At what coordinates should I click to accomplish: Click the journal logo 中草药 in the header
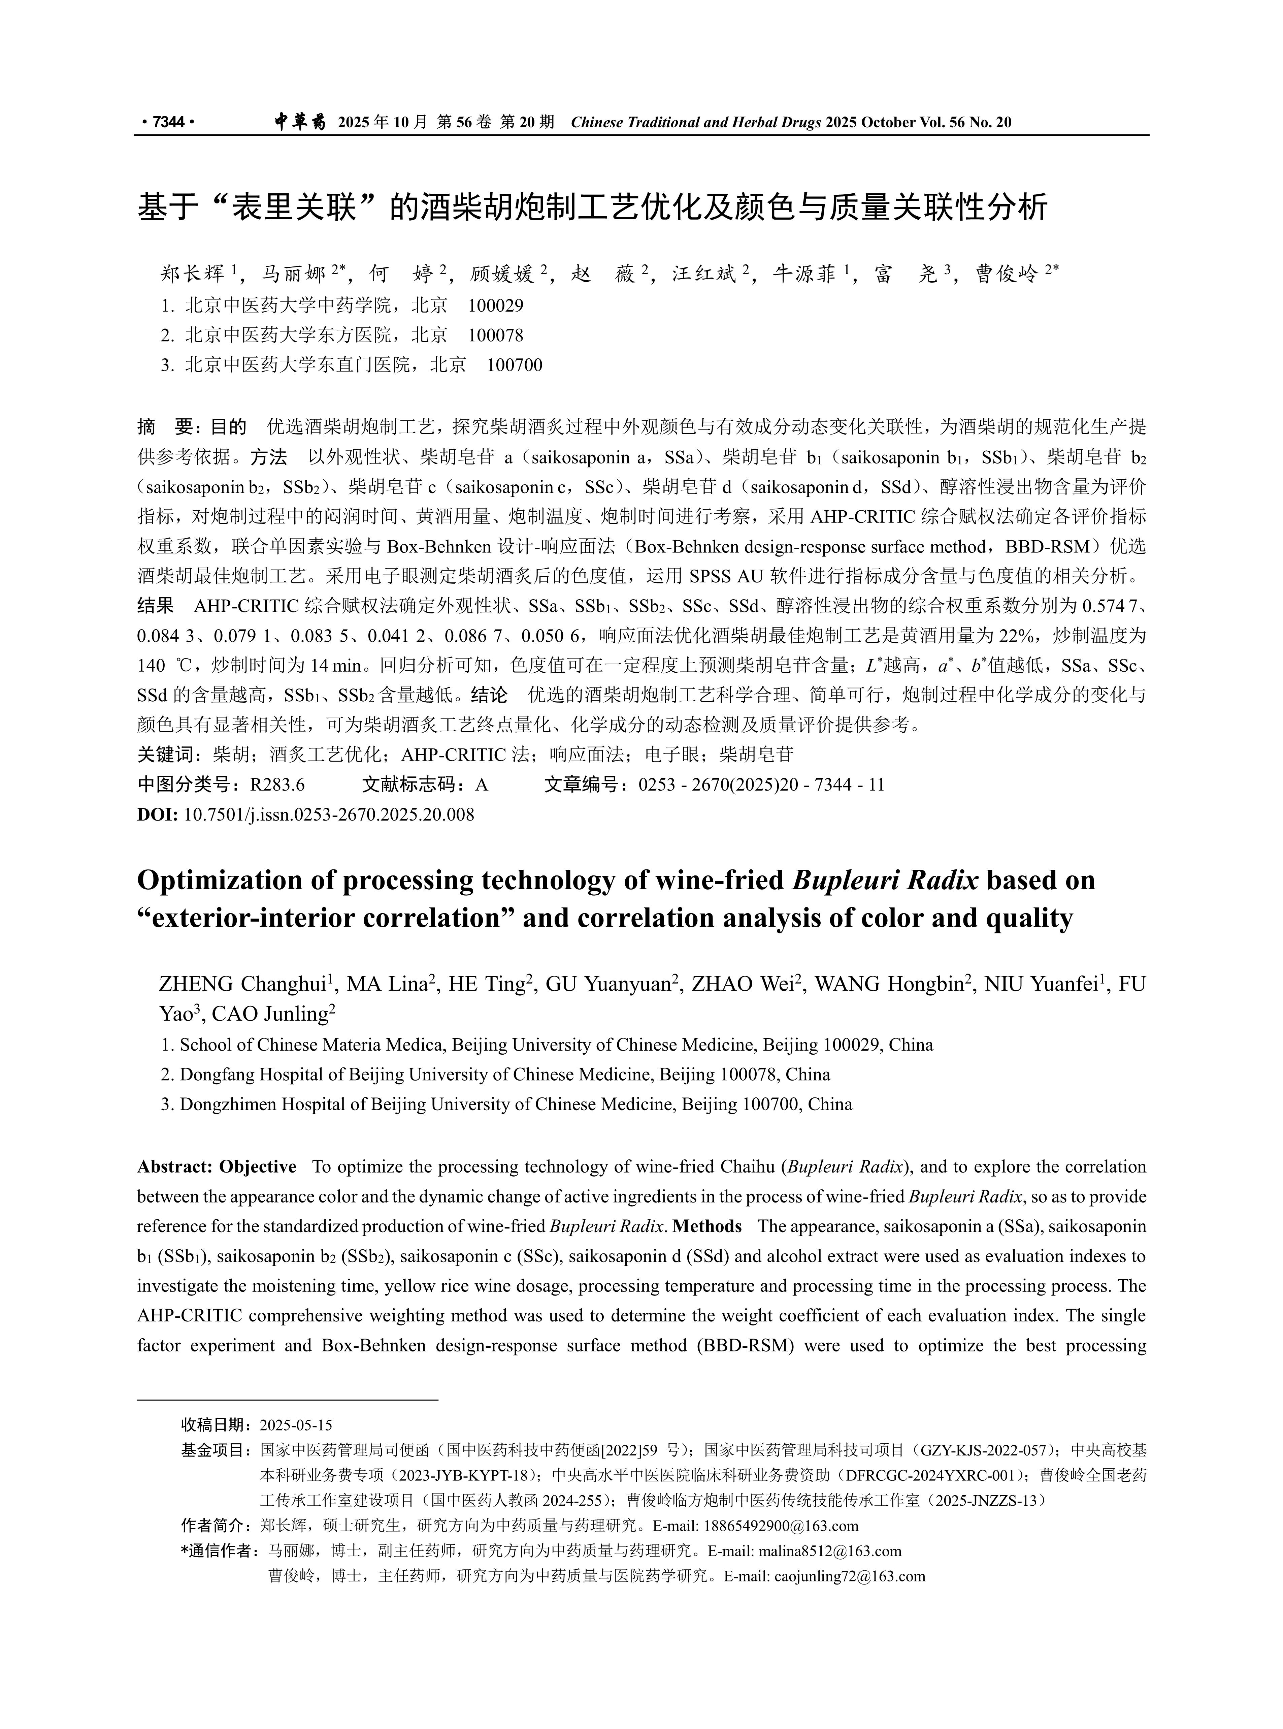pos(300,122)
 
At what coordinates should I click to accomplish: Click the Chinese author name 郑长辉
pos(193,274)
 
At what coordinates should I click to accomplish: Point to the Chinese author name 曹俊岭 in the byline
pos(1007,274)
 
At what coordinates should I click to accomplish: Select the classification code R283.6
pos(277,785)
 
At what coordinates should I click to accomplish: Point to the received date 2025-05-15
pos(296,1425)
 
